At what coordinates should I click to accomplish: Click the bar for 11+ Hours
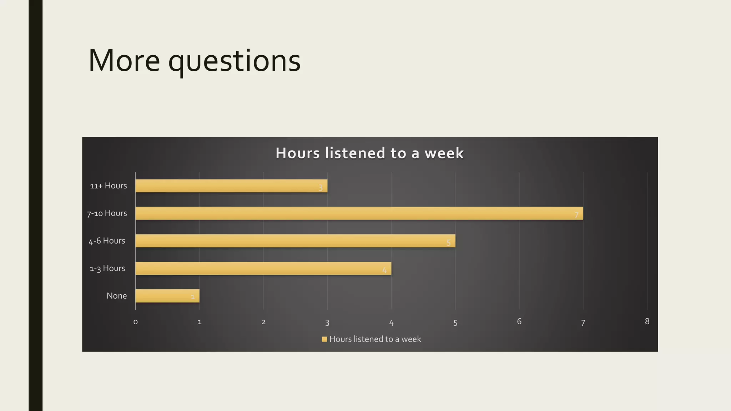point(231,186)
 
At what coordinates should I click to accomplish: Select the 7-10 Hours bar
point(359,213)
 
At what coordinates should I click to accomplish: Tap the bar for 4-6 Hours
point(295,241)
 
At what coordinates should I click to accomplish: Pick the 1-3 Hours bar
point(263,268)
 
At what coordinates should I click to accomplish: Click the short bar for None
point(167,296)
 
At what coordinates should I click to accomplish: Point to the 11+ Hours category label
point(108,186)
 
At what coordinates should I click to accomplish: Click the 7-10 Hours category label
point(107,213)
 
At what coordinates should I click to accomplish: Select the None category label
point(116,296)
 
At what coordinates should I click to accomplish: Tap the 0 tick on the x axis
point(136,322)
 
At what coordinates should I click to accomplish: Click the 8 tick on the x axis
point(647,321)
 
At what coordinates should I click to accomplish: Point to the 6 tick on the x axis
point(519,321)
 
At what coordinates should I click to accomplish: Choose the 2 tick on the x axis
point(263,322)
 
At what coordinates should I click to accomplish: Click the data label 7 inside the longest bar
point(576,215)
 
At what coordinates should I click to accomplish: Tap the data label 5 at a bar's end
point(449,243)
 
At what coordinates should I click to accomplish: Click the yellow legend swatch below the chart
point(324,339)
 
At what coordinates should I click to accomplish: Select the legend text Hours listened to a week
point(375,339)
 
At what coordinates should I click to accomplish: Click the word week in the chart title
point(444,153)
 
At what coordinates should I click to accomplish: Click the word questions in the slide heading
point(235,61)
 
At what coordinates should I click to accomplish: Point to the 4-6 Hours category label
point(107,241)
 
